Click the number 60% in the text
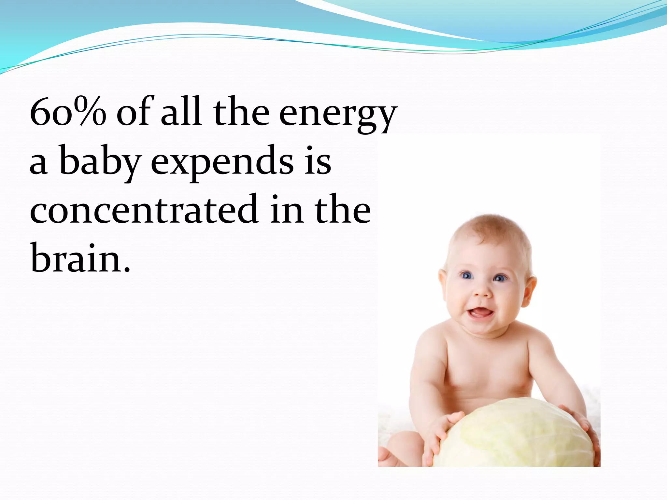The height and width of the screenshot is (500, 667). tap(68, 112)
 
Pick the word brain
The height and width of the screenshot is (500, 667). tap(76, 259)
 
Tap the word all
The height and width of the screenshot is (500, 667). tap(181, 112)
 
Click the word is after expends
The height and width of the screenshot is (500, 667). tap(318, 161)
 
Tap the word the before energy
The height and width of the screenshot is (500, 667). tap(241, 112)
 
